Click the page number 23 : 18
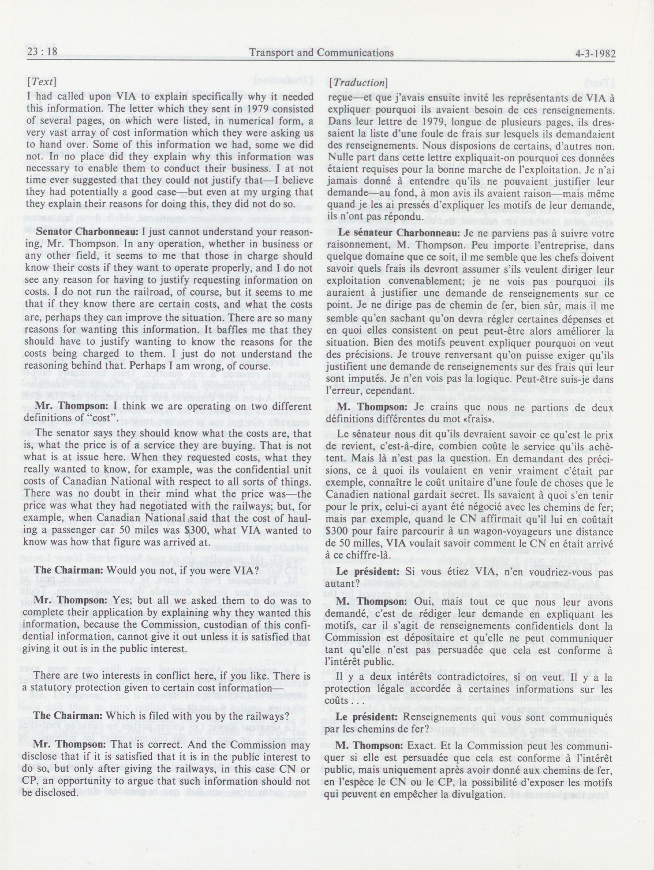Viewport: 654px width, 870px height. click(42, 53)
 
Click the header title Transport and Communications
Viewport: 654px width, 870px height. click(321, 53)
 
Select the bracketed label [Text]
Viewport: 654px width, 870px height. click(41, 82)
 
